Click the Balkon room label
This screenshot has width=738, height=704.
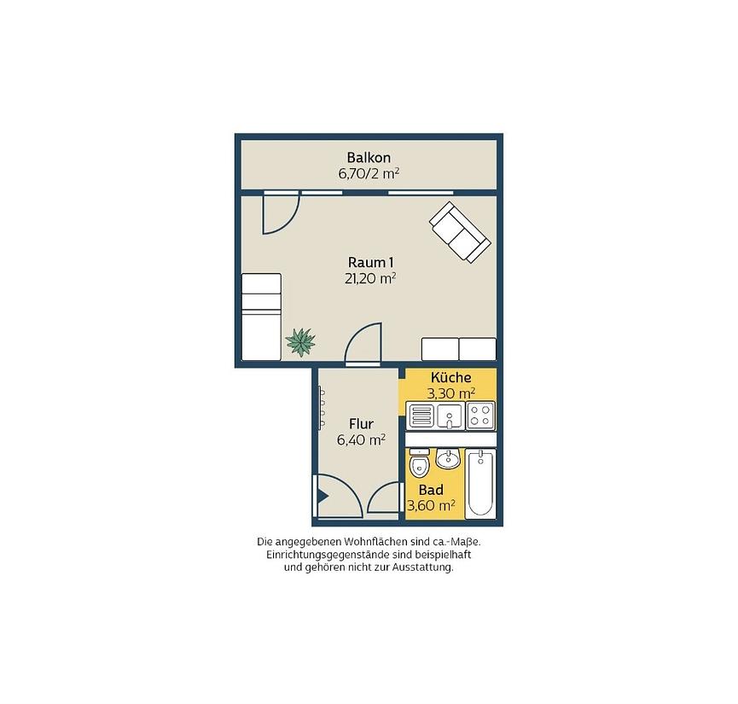(369, 157)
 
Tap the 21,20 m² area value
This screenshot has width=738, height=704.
(370, 278)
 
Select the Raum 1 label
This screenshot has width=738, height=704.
(370, 262)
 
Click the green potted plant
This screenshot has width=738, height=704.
(300, 342)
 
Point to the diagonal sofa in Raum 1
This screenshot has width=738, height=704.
(460, 232)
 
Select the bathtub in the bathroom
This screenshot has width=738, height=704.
(480, 484)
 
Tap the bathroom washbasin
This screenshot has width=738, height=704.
(448, 458)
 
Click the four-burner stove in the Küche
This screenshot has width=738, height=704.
(480, 416)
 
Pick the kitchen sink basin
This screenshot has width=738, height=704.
(450, 416)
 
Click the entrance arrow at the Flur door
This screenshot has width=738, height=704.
(323, 497)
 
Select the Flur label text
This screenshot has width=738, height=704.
(361, 424)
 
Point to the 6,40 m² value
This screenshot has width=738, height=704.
(361, 440)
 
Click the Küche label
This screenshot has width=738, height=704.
(450, 377)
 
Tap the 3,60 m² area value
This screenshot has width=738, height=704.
(431, 506)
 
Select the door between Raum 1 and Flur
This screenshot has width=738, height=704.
(363, 344)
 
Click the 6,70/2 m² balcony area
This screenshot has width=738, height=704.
(369, 174)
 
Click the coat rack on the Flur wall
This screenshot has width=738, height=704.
(322, 408)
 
